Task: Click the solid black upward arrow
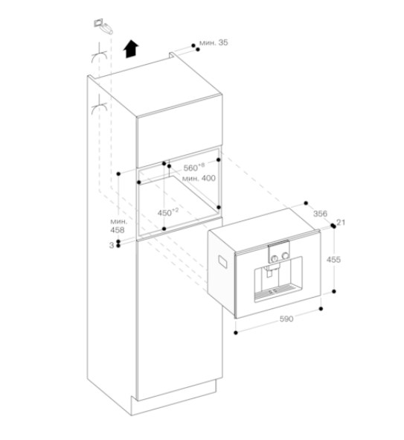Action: (x=131, y=49)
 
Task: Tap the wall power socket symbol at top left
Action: (x=103, y=26)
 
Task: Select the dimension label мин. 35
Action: (x=214, y=42)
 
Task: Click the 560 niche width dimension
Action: (x=193, y=168)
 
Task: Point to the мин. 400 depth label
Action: (x=199, y=178)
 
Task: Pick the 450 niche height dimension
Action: (x=167, y=212)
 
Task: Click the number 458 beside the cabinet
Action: (x=118, y=230)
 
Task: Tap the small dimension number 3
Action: (x=112, y=245)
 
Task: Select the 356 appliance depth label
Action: (x=320, y=214)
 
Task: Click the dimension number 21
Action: (x=341, y=223)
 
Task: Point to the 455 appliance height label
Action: (x=333, y=260)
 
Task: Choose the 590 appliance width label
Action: (x=286, y=319)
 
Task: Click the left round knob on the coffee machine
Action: (x=275, y=258)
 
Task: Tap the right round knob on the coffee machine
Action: (x=286, y=255)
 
